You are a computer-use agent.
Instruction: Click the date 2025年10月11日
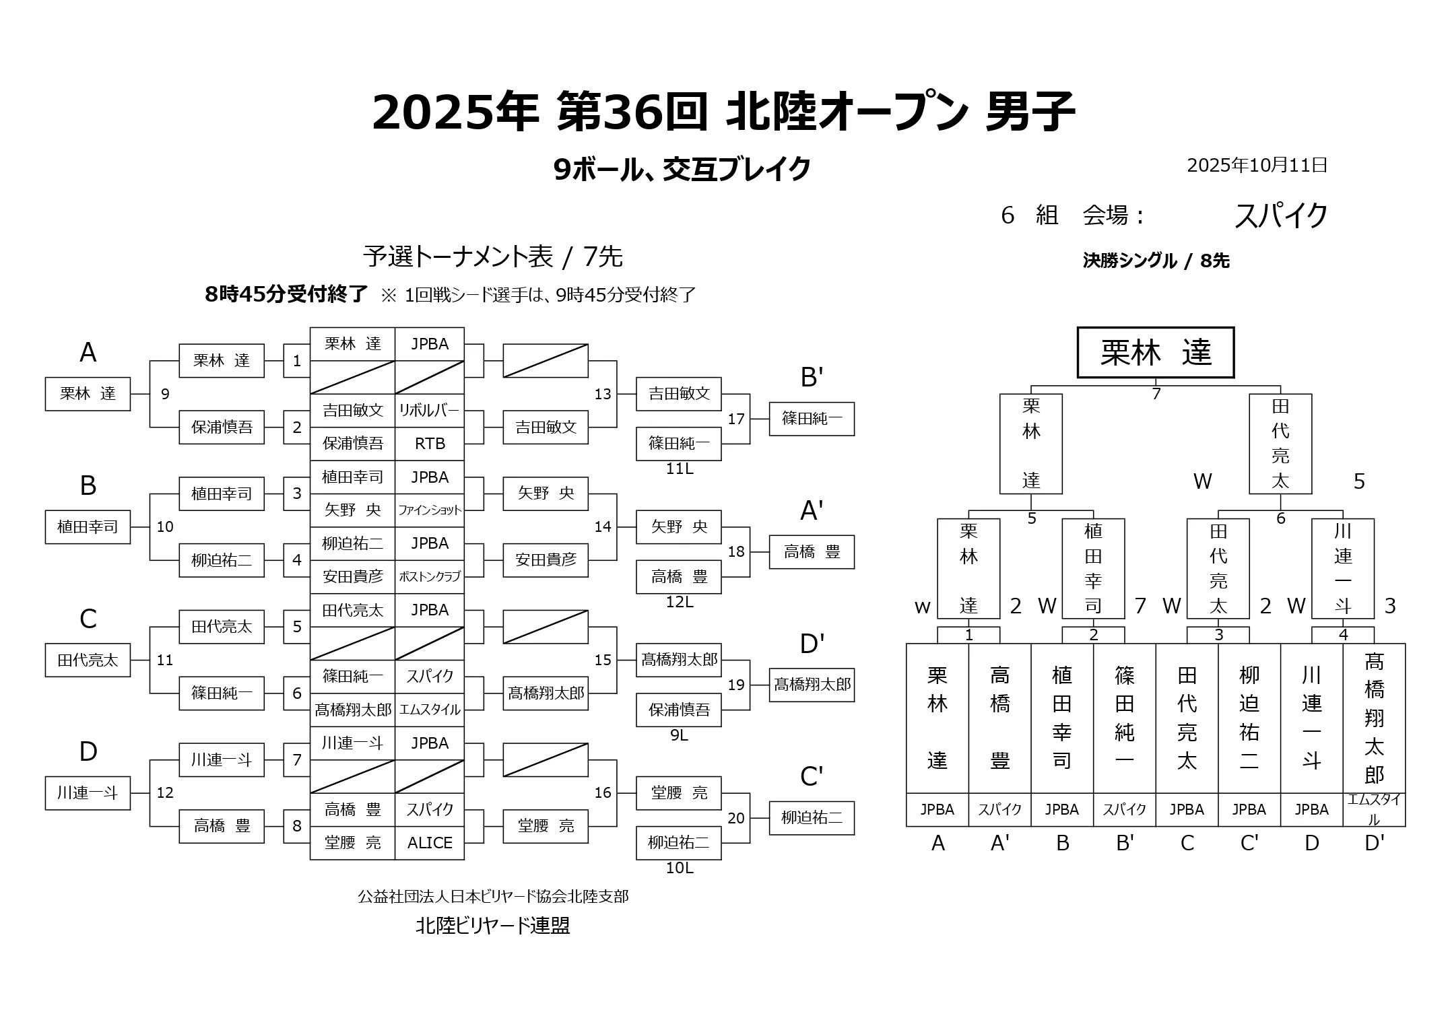(x=1257, y=165)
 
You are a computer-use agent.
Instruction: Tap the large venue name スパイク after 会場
(x=1280, y=215)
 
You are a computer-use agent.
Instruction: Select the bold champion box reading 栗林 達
(x=1156, y=353)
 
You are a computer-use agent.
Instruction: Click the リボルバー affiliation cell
(x=429, y=410)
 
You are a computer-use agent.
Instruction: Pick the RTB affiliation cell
(x=429, y=444)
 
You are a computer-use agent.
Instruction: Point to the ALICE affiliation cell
(x=429, y=843)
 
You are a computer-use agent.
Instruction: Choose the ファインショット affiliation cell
(x=429, y=510)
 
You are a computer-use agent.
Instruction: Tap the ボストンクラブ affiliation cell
(x=429, y=576)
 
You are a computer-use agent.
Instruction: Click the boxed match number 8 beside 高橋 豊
(x=296, y=826)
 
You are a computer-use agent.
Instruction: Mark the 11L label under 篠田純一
(x=679, y=469)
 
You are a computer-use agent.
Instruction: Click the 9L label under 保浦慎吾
(x=679, y=735)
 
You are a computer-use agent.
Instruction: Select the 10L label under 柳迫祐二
(x=679, y=868)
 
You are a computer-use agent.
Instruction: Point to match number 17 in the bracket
(x=736, y=419)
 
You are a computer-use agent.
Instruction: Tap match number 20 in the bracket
(x=736, y=818)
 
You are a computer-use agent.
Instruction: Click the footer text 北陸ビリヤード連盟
(x=493, y=926)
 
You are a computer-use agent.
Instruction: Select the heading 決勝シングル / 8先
(x=1156, y=261)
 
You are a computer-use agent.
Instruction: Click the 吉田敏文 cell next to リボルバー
(x=353, y=410)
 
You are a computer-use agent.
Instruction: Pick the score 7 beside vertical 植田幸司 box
(x=1140, y=606)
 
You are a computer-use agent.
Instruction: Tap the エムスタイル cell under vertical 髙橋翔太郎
(x=1374, y=809)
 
